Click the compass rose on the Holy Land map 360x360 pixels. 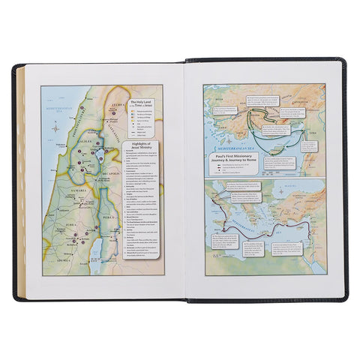pos(56,127)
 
